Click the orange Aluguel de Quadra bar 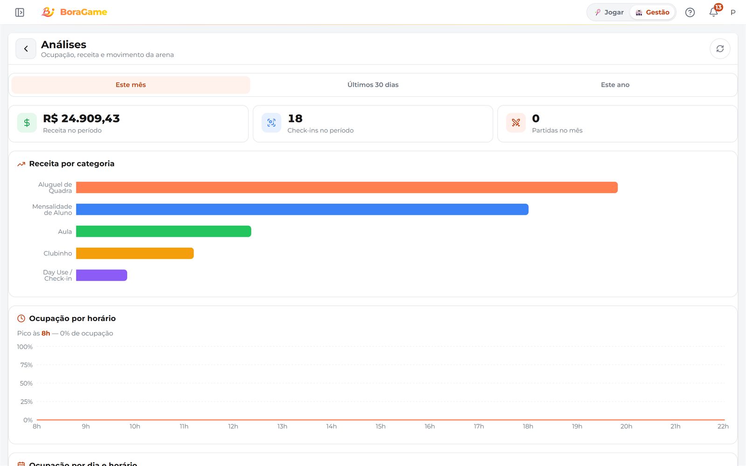(x=347, y=187)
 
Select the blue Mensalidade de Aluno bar (x=302, y=209)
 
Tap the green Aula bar (x=164, y=231)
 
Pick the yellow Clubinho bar (x=135, y=254)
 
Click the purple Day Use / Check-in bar (x=102, y=275)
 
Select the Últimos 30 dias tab (x=373, y=85)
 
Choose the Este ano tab (x=615, y=85)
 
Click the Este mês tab (x=131, y=85)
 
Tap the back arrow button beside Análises (x=26, y=49)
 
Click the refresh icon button (x=720, y=49)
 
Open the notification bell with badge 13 (x=713, y=12)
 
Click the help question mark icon (x=690, y=12)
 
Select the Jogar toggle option (x=609, y=12)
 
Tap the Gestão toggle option (x=652, y=12)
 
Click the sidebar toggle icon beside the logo (x=20, y=12)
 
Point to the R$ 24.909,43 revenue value (x=81, y=118)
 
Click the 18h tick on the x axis (x=528, y=426)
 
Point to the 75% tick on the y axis (x=26, y=365)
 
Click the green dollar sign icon (x=27, y=123)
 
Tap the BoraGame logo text (x=83, y=12)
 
